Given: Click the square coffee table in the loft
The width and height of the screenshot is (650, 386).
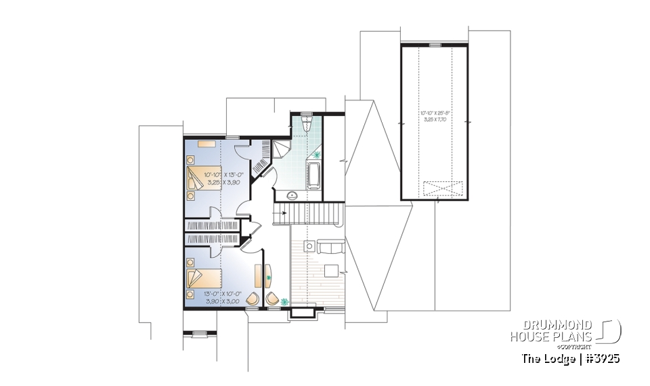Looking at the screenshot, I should [331, 271].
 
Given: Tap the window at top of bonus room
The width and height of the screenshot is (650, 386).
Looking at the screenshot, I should [434, 45].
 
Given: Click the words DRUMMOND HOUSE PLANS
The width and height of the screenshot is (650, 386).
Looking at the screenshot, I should [552, 331].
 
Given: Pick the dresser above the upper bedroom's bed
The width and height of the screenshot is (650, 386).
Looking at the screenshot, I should [204, 144].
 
